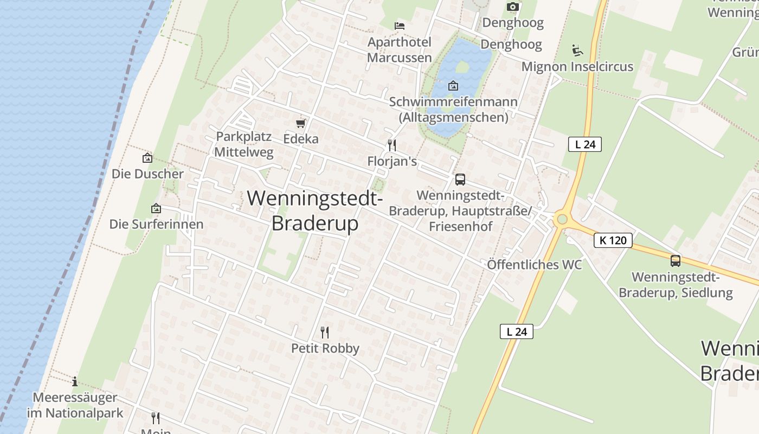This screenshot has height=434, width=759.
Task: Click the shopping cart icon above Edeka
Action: tap(301, 124)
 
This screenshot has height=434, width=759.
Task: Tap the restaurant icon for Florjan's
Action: tap(393, 145)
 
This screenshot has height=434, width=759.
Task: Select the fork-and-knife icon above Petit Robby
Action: tap(325, 332)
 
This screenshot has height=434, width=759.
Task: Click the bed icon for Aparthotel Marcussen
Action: tap(400, 25)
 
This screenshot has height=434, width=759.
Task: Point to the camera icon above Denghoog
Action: tap(512, 7)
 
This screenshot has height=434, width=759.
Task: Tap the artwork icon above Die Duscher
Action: tap(147, 158)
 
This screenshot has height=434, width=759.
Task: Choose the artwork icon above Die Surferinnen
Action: tap(156, 208)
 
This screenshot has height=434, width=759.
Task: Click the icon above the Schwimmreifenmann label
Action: tap(453, 86)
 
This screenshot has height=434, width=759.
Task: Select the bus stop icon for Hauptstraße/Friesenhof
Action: tap(460, 180)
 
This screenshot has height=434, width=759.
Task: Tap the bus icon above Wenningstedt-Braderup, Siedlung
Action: tap(676, 261)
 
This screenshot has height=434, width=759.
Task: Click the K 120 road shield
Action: tap(613, 240)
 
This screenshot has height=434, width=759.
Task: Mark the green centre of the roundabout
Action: tap(562, 220)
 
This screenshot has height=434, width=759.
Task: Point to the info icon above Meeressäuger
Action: tap(75, 381)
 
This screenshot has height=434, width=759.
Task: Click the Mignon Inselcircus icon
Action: tap(577, 50)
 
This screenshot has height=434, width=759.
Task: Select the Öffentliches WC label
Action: tap(534, 265)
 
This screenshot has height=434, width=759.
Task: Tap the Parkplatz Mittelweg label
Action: tap(243, 144)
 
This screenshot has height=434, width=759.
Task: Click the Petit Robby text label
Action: tap(325, 348)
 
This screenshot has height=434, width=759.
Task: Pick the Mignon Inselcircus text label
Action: tap(577, 67)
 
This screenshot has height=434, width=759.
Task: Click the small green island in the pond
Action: tap(462, 67)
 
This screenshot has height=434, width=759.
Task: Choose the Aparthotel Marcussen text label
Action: tap(400, 50)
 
